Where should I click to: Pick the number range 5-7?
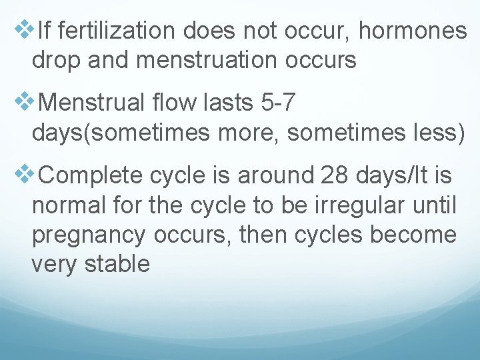coord(276,103)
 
